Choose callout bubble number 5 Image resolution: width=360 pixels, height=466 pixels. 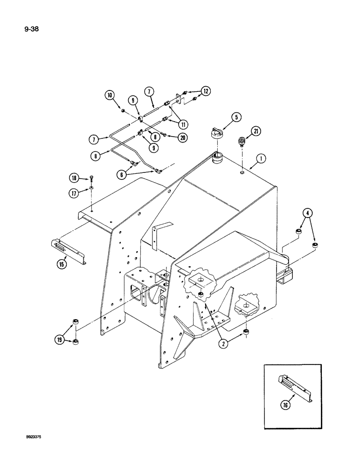click(x=236, y=117)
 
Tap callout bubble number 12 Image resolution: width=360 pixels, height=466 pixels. click(x=206, y=91)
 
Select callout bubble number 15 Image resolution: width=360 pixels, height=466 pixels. click(x=62, y=263)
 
